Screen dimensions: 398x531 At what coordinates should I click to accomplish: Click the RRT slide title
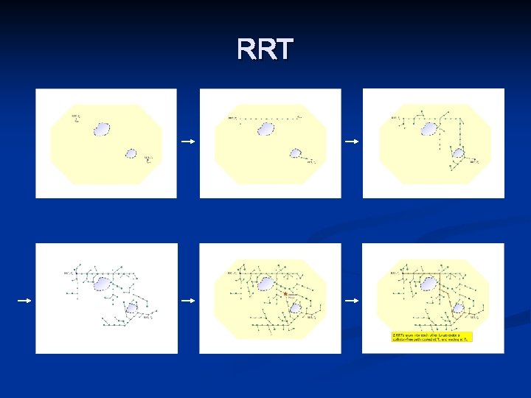coord(265,50)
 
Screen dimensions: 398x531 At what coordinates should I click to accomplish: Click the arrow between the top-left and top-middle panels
coord(188,142)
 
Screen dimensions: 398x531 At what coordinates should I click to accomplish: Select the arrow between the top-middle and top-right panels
coord(353,142)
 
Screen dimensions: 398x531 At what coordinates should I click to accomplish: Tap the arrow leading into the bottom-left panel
coord(24,300)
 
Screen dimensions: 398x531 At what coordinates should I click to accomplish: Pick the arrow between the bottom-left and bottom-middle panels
coord(188,300)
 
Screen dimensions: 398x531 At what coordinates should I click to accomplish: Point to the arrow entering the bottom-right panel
coord(353,300)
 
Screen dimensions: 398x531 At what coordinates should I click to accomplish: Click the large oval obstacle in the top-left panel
coord(102,130)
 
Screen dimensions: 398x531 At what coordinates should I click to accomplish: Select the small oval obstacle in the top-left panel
coord(131,153)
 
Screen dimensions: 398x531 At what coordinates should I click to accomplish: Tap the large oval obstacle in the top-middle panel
coord(266,130)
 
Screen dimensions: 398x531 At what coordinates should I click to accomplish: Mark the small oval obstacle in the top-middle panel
coord(295,153)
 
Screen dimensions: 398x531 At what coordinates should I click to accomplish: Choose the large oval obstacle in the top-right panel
coord(429,130)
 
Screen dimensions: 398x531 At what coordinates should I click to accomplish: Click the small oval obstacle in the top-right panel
coord(458,153)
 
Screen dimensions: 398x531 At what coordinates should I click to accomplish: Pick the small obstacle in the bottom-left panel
coord(131,307)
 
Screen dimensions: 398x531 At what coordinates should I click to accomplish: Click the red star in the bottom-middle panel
coord(285,294)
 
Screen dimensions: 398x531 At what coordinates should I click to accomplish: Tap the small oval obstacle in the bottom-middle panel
coord(295,307)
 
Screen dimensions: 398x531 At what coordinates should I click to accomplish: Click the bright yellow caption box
coord(431,337)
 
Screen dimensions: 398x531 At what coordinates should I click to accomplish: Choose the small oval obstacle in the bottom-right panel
coord(458,307)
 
